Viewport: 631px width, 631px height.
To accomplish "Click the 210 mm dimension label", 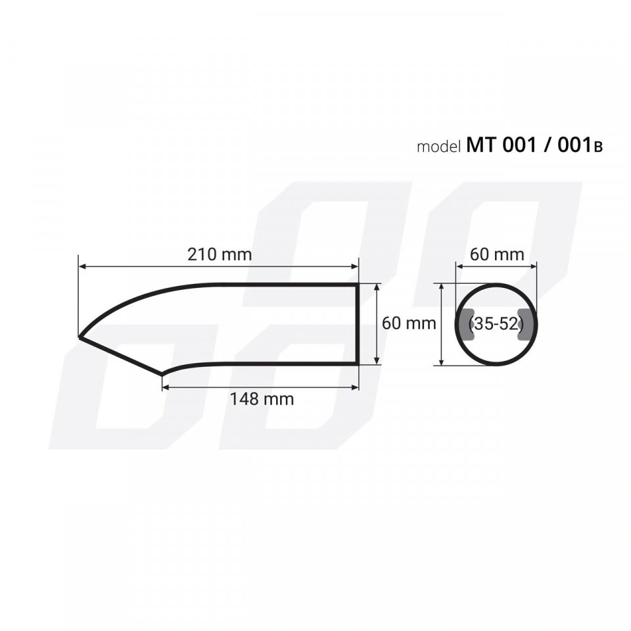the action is click(220, 254).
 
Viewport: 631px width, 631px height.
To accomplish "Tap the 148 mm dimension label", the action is click(262, 399).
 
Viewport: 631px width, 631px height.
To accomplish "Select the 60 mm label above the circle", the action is click(497, 254).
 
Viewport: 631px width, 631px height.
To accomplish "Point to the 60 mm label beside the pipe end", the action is click(409, 323).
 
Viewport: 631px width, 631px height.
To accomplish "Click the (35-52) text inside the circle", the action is click(496, 323).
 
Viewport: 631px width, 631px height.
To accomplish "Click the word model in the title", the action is click(438, 147).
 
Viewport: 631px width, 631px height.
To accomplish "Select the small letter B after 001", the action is click(598, 148).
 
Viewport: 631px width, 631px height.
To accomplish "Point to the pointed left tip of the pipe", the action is click(80, 337).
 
